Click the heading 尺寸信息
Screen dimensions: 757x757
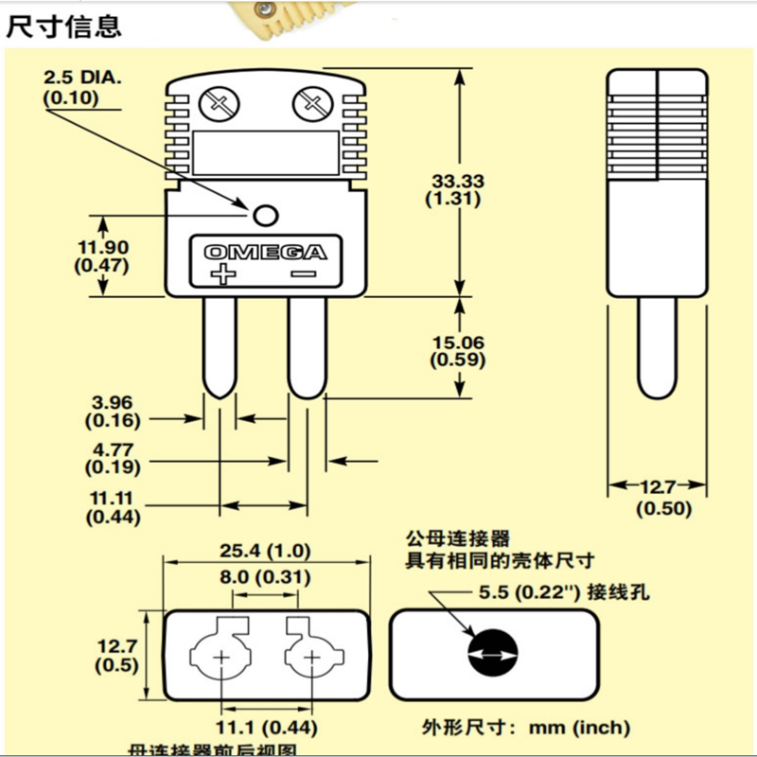[x=64, y=26]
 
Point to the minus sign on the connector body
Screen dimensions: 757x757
[x=305, y=274]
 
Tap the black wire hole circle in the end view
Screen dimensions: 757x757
[x=493, y=653]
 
